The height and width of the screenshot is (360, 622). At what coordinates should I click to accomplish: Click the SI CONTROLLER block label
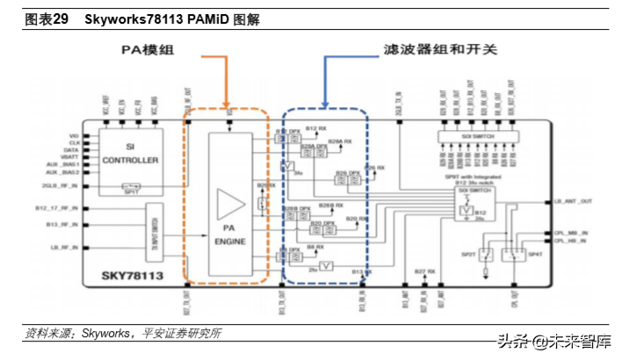point(131,155)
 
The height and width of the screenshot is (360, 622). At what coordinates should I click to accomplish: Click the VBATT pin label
point(70,157)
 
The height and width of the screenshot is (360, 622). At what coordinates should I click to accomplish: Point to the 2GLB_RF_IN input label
point(63,186)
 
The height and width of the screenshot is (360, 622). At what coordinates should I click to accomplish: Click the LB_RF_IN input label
point(65,248)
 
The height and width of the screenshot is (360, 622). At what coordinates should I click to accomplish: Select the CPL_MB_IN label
point(571,233)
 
